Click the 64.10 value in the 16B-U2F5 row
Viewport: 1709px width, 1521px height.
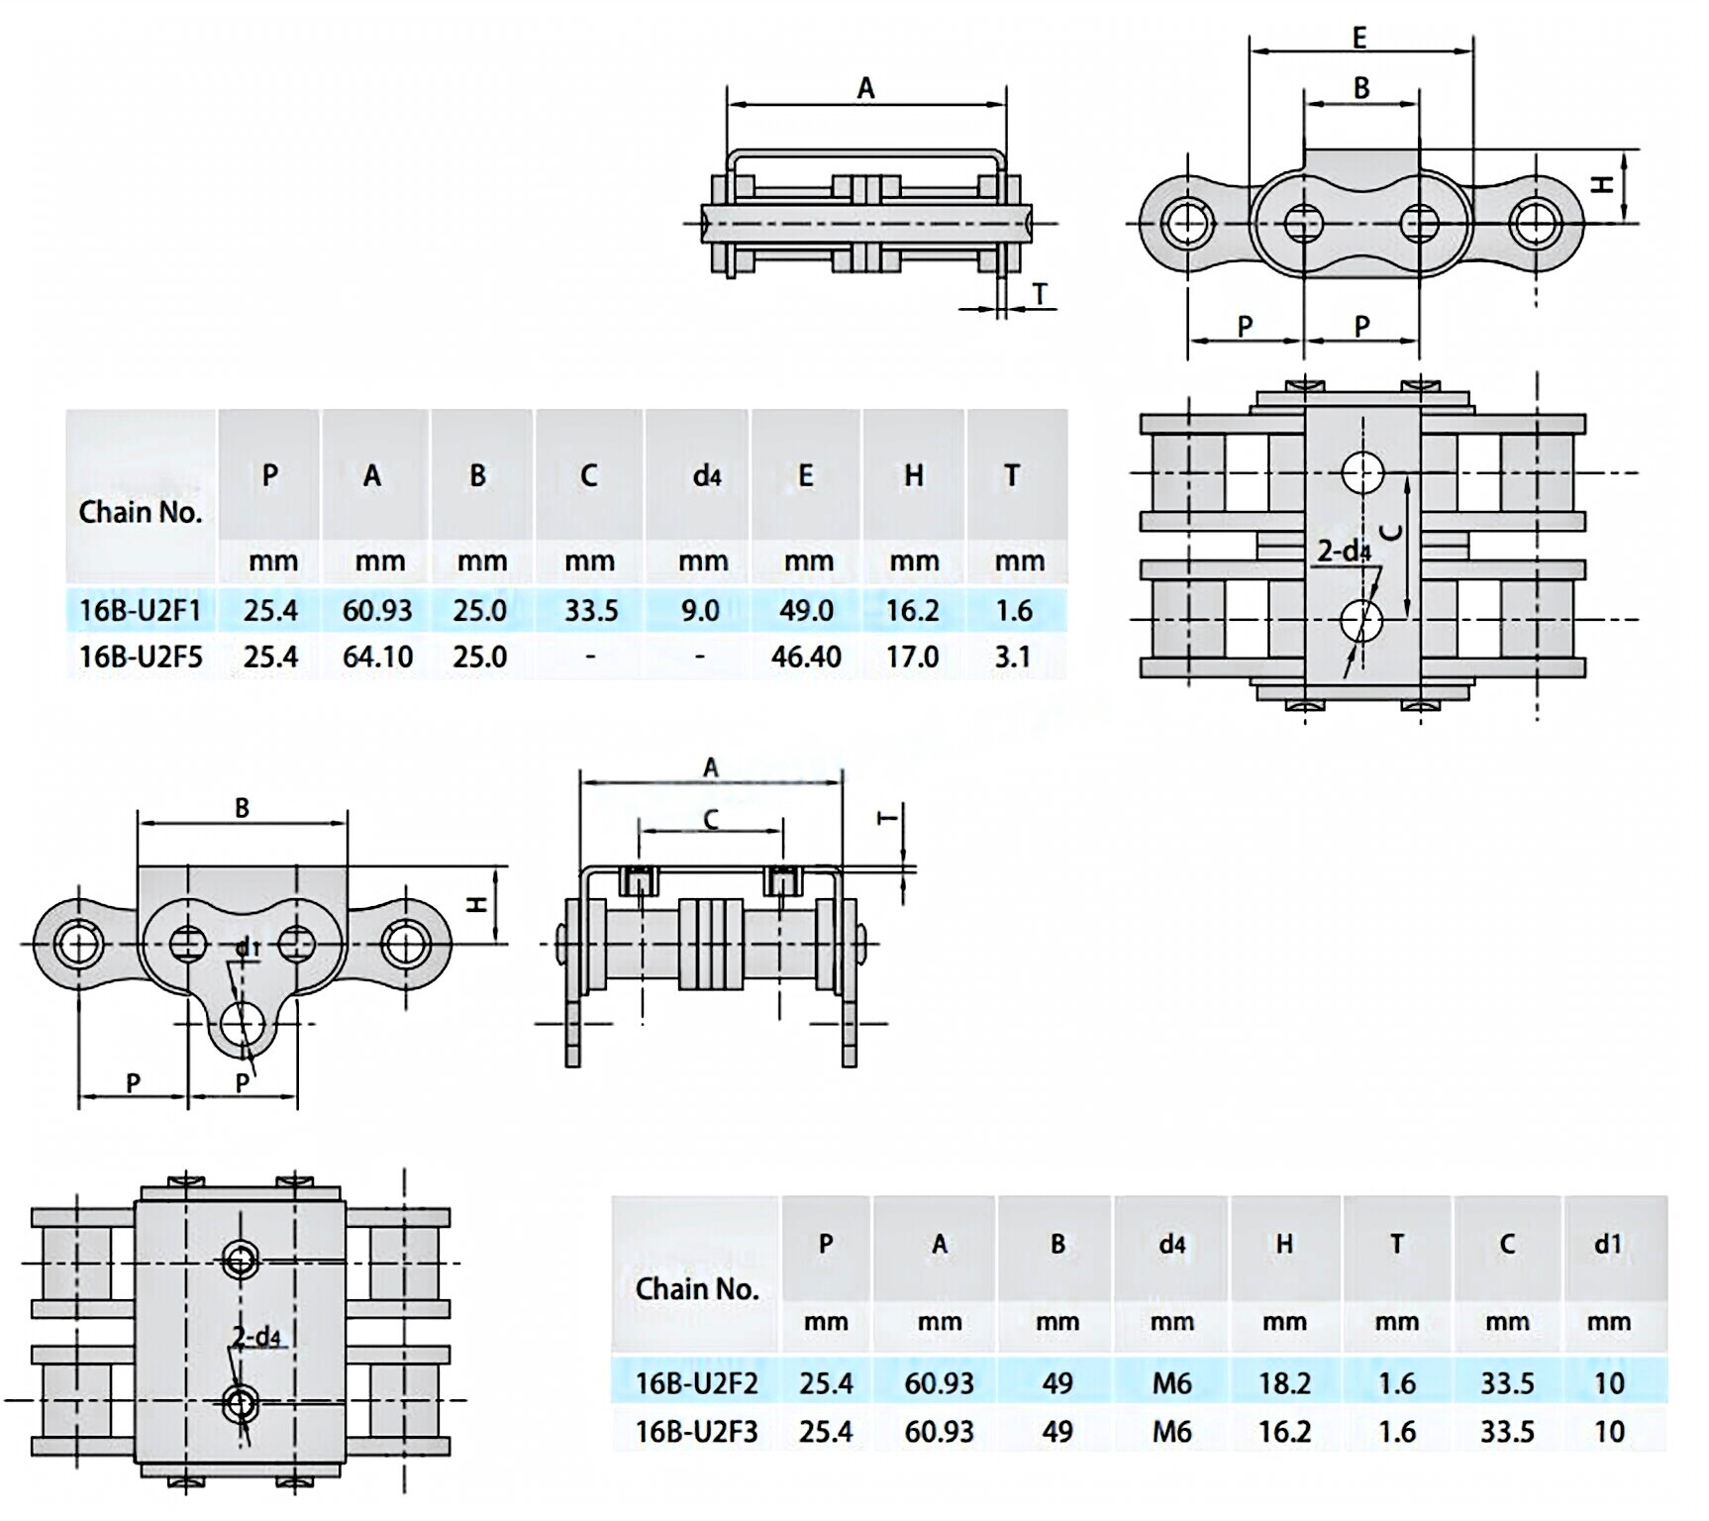click(376, 657)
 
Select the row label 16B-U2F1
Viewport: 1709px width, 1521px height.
click(140, 610)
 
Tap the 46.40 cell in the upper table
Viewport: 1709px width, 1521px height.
click(806, 657)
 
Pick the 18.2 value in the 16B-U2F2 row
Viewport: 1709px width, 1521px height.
click(1284, 1382)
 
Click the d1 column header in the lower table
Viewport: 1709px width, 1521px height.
click(1608, 1244)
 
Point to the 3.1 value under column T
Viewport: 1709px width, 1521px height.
click(1012, 657)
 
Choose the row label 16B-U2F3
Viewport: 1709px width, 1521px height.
click(696, 1431)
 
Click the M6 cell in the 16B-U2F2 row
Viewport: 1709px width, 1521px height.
click(1171, 1382)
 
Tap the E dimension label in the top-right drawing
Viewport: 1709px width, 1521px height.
click(1359, 38)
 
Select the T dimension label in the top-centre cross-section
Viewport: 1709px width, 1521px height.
click(1040, 293)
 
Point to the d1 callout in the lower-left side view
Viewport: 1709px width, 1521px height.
click(248, 949)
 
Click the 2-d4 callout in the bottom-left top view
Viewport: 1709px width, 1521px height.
click(256, 1338)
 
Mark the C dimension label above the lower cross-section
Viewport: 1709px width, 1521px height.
click(710, 819)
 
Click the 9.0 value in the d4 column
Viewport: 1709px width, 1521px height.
click(699, 610)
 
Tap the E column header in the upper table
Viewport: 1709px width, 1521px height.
click(805, 476)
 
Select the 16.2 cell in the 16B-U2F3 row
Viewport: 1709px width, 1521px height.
click(1284, 1431)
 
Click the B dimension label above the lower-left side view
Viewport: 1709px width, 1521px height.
click(242, 808)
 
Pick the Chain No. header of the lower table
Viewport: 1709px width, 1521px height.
click(696, 1288)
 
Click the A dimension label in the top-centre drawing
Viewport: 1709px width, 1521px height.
click(865, 89)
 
